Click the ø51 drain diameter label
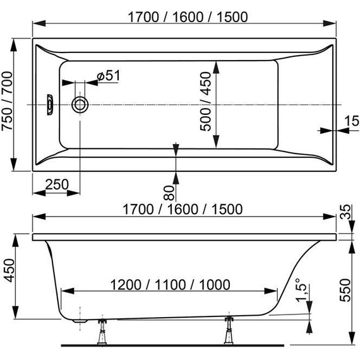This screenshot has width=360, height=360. (x=109, y=76)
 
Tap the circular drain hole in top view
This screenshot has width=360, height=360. (x=80, y=105)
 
